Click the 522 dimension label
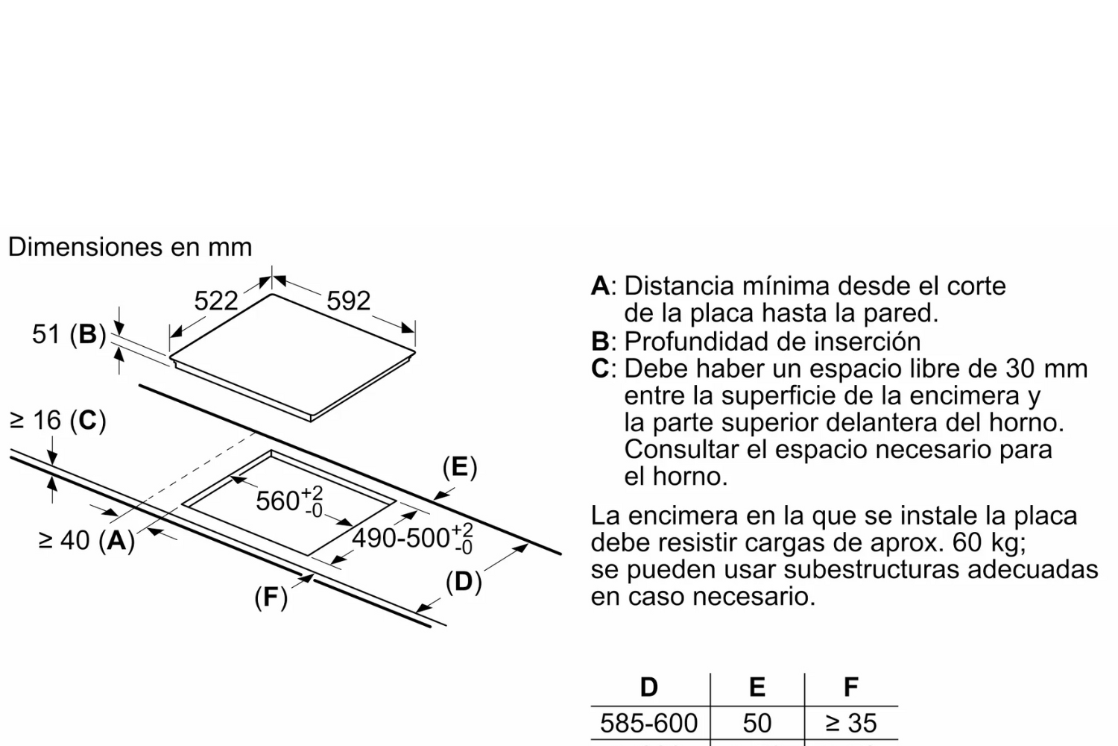(216, 301)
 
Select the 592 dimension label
(348, 301)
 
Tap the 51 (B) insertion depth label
(69, 334)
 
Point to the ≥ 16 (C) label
(57, 421)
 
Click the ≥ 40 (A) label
(86, 540)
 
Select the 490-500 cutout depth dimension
(412, 538)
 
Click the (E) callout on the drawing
(459, 467)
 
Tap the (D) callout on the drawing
(463, 581)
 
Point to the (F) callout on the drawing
(271, 597)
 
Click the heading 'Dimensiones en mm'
(130, 247)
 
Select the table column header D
(649, 687)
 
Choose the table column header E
(757, 687)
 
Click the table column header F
(850, 687)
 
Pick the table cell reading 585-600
(649, 723)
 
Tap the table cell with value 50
(757, 723)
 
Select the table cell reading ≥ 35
(851, 723)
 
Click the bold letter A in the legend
(600, 286)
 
